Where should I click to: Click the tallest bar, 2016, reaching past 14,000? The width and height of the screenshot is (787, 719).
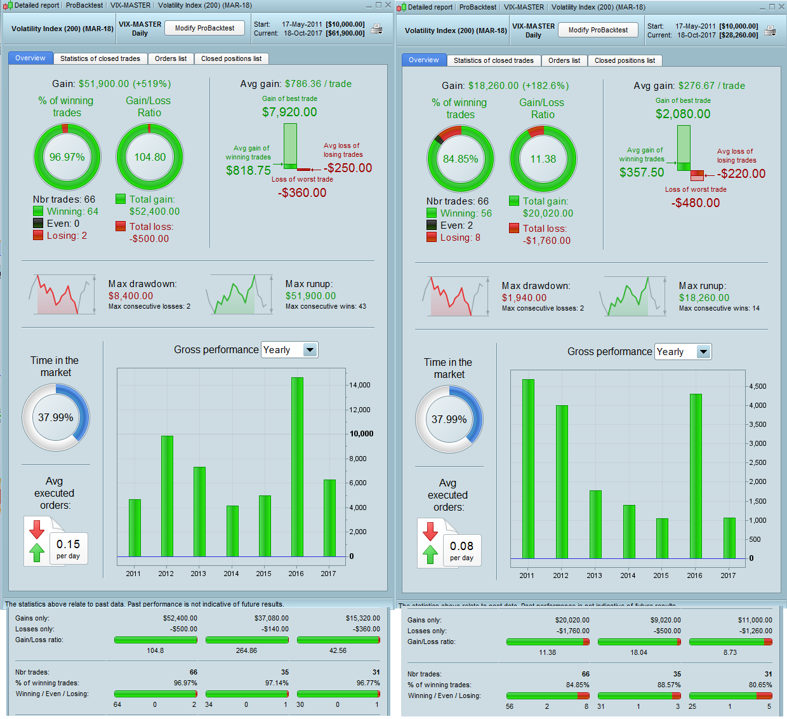(297, 467)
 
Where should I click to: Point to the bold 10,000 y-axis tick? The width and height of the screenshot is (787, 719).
(362, 434)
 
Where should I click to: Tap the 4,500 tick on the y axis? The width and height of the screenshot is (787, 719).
(758, 386)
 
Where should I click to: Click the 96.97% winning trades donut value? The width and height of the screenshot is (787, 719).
(67, 157)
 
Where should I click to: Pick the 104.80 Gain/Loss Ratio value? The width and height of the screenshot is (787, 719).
(150, 157)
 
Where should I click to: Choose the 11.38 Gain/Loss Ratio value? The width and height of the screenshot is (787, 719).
(543, 159)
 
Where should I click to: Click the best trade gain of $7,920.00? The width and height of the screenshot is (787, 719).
(289, 112)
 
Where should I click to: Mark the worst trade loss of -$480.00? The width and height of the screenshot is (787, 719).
(696, 203)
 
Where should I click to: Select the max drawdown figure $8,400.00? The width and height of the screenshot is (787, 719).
(131, 296)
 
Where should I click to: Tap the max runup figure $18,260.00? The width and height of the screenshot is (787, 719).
(704, 298)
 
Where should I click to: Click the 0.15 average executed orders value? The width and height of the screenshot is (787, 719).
(68, 544)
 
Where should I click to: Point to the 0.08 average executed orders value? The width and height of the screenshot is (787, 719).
(461, 546)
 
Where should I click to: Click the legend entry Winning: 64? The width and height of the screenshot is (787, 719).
(72, 212)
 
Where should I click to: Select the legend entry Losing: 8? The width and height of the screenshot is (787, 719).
(460, 238)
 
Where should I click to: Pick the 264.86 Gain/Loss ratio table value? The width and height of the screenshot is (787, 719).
(246, 650)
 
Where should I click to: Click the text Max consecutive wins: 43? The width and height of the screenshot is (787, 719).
(326, 306)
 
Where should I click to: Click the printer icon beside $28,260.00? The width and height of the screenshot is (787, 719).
(770, 30)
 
